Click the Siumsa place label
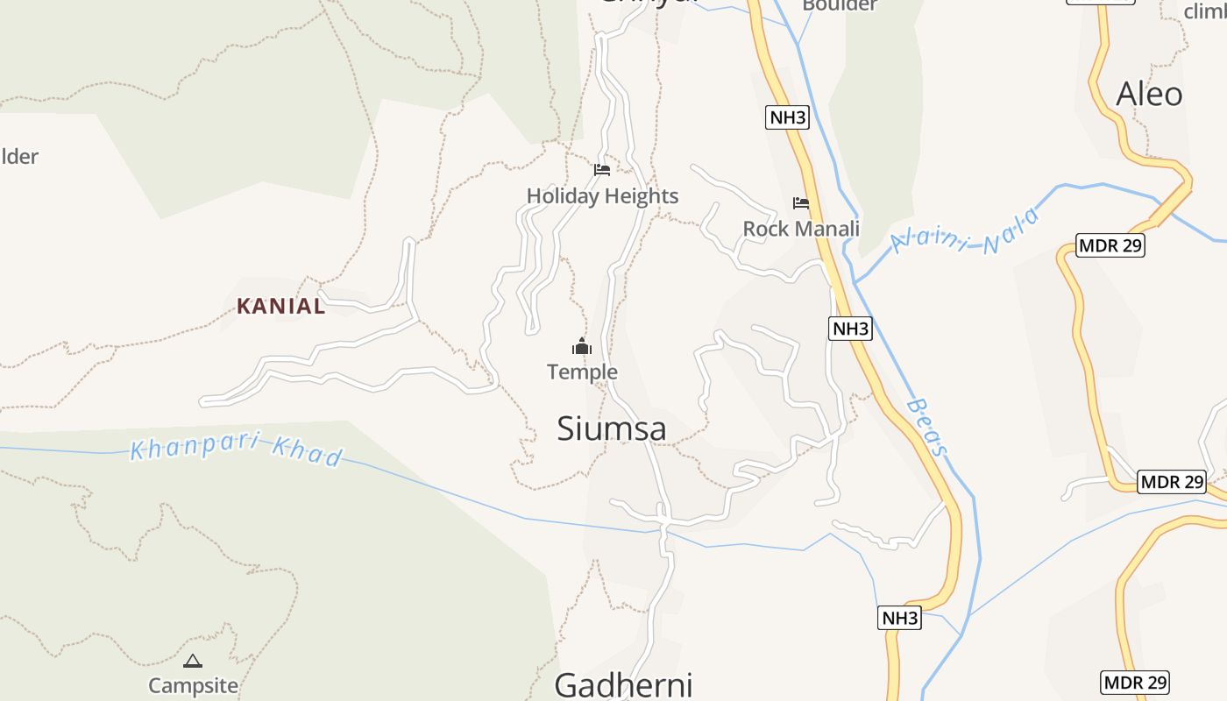click(612, 428)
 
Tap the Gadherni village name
click(623, 684)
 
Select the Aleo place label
click(1149, 94)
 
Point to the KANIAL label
click(280, 306)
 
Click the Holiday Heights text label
click(602, 195)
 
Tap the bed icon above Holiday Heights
click(602, 169)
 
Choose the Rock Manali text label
click(801, 229)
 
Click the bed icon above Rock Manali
click(801, 203)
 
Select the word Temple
click(582, 372)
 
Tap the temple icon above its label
click(582, 347)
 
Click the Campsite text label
click(193, 685)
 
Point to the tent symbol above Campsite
click(193, 661)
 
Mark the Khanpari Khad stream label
click(237, 450)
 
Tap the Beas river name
click(927, 427)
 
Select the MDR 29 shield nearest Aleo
click(1110, 245)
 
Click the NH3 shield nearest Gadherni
click(899, 618)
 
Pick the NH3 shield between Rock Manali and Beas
click(850, 329)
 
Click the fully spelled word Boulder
click(839, 5)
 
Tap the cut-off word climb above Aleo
click(1204, 11)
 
